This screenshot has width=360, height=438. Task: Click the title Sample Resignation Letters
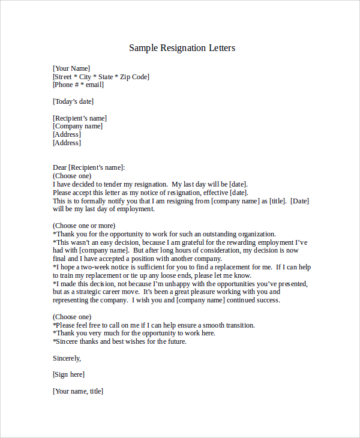(x=182, y=48)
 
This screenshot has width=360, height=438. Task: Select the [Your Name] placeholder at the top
(x=71, y=68)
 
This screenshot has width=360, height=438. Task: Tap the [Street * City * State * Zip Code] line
(x=101, y=77)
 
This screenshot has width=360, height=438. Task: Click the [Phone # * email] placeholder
(x=78, y=85)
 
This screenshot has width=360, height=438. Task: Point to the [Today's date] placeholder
(x=73, y=101)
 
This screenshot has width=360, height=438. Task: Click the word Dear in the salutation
(x=60, y=167)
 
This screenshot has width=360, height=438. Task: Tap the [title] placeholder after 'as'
(x=278, y=201)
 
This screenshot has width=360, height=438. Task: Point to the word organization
(x=256, y=234)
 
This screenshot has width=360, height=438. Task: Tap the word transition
(x=239, y=325)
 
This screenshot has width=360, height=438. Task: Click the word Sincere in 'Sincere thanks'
(x=68, y=341)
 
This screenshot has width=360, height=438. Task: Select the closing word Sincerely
(x=67, y=358)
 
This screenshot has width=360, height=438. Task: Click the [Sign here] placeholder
(x=68, y=374)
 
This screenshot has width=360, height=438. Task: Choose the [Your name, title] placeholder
(x=78, y=391)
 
